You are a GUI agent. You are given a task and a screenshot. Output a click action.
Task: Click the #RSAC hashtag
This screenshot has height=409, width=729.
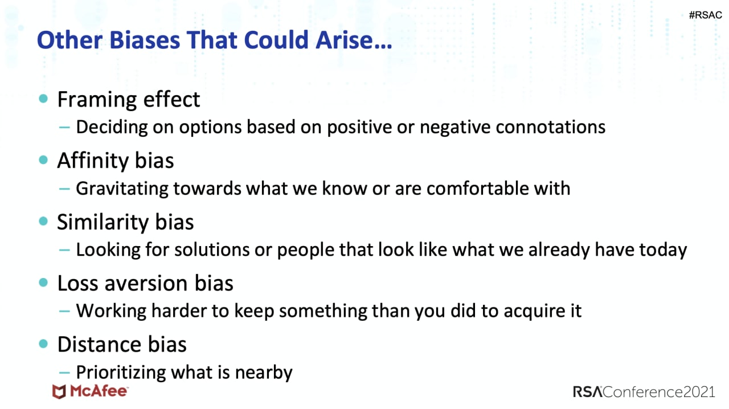(705, 15)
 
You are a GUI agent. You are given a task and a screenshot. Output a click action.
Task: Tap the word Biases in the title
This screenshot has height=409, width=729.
(145, 40)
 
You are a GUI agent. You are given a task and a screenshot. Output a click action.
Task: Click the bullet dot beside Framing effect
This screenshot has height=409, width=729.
(43, 99)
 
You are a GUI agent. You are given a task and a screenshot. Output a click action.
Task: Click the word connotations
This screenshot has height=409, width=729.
(550, 127)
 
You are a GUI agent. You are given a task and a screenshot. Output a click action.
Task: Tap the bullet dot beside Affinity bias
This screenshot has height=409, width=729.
(43, 159)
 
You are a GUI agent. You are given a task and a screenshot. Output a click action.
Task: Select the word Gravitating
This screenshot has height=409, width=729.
(122, 189)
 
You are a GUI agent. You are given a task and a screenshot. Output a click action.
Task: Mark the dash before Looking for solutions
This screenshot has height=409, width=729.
(64, 250)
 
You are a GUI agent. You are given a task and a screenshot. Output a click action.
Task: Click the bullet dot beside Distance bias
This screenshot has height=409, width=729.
(43, 343)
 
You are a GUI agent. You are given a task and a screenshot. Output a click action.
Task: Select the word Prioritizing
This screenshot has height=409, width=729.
(121, 373)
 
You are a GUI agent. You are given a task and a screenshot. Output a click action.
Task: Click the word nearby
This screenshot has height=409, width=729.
(264, 373)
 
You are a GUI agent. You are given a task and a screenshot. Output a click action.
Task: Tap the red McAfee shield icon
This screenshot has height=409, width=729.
(59, 391)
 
